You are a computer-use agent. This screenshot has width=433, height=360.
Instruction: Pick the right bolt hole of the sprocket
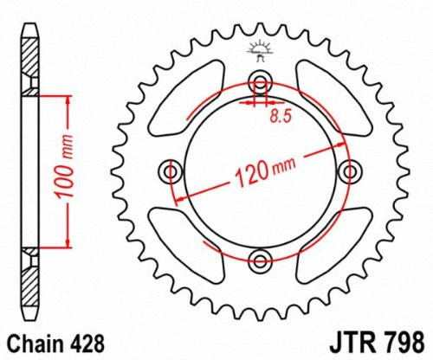point(349,170)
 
